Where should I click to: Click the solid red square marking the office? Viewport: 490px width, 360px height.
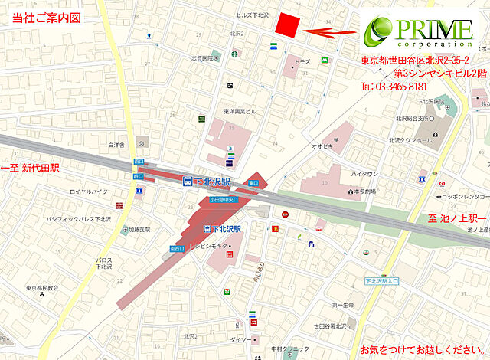(x=286, y=25)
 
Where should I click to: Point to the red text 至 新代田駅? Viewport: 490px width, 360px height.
(x=30, y=167)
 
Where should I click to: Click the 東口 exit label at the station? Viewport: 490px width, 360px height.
(x=253, y=183)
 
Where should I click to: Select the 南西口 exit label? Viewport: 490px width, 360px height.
(x=176, y=248)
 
